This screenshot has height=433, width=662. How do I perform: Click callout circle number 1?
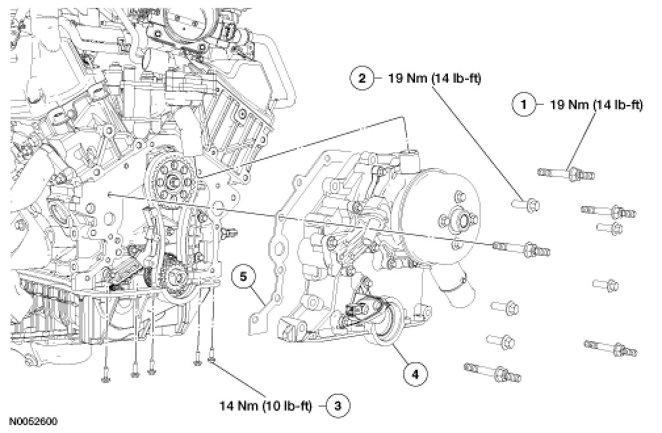[x=523, y=104]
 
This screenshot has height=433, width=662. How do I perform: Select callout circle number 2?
[x=361, y=78]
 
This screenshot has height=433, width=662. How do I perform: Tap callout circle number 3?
[x=338, y=406]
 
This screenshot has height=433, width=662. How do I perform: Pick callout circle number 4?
[x=416, y=373]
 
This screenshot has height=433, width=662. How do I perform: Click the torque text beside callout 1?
[x=596, y=104]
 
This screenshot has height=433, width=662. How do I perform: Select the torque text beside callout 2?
[x=435, y=79]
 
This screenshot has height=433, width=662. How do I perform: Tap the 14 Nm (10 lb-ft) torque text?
[x=265, y=407]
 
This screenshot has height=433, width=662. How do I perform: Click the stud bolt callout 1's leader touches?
[x=566, y=173]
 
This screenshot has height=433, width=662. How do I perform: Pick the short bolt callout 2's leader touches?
[x=525, y=205]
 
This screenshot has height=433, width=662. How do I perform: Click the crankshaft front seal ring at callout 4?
[x=382, y=320]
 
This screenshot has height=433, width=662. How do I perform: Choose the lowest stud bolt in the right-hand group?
[x=493, y=371]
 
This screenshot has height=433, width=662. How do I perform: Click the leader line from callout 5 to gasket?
[x=257, y=295]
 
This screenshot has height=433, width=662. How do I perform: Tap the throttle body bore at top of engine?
[x=190, y=19]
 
